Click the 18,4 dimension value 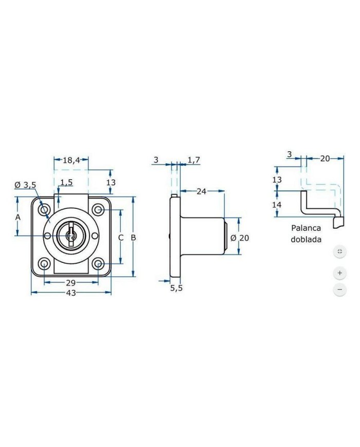pos(71,160)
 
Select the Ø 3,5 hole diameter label pos(25,185)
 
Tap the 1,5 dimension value pos(67,183)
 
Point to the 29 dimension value pos(70,283)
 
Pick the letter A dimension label pos(18,218)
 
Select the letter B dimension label pos(133,238)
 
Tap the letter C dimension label pos(121,238)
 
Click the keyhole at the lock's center pos(70,236)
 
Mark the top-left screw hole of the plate pos(44,210)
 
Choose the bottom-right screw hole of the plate pos(99,264)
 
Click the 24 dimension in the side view pos(202,191)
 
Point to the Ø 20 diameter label pos(240,238)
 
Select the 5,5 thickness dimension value pos(176,288)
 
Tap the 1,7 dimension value pos(194,160)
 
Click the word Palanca pos(306,228)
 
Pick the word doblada pos(306,240)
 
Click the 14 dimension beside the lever pos(277,205)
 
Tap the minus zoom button pos(340,290)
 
